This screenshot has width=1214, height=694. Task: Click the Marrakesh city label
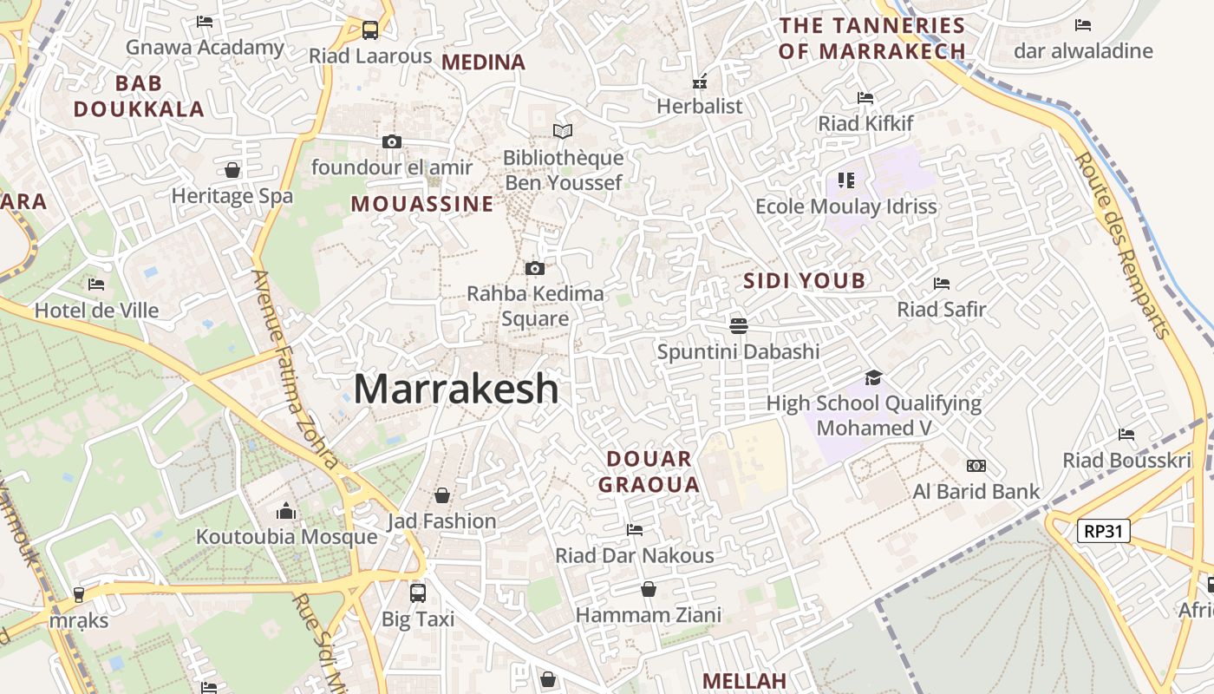point(456,389)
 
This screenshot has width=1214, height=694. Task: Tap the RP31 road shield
point(1103,531)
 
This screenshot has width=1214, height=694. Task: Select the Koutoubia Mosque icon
point(286,512)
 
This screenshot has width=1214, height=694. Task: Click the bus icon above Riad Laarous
point(370,30)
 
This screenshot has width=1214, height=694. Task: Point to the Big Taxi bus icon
point(418,593)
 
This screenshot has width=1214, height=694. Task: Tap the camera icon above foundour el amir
point(392,141)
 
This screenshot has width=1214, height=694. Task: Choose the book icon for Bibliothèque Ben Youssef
point(563,131)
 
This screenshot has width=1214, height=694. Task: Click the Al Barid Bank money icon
point(976,466)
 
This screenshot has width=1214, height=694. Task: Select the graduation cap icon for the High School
point(873,377)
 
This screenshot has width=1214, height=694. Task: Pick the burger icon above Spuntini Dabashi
point(739,326)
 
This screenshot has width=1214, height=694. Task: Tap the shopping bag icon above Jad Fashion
point(442,495)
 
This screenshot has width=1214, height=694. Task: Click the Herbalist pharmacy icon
point(699,82)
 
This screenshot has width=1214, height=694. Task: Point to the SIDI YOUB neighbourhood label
point(804,280)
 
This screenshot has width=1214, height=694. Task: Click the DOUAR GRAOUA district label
point(649,472)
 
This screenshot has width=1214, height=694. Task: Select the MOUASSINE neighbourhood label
point(421,204)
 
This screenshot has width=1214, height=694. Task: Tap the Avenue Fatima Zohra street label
point(295,368)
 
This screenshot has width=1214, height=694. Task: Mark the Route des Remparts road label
point(1123,246)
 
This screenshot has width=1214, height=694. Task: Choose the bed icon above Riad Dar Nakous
point(635,529)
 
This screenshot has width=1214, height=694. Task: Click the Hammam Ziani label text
point(649,615)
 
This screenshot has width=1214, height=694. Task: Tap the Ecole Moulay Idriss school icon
point(846,180)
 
